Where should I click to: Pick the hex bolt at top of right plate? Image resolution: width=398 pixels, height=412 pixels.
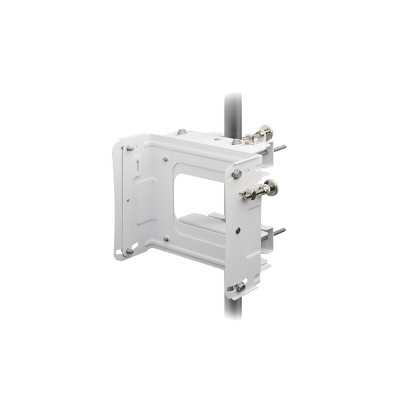point(239,172)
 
